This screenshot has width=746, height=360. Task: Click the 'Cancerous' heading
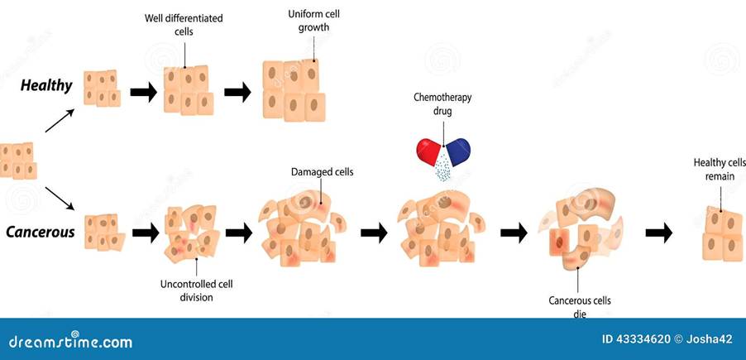41,233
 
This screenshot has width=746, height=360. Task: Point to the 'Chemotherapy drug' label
442,103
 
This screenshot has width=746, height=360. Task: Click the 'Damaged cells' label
322,172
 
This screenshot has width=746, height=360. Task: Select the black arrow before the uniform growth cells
238,92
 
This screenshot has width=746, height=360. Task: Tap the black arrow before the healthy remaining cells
659,233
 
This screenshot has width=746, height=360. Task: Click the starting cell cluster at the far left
18,161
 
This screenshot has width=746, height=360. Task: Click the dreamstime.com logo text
71,341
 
